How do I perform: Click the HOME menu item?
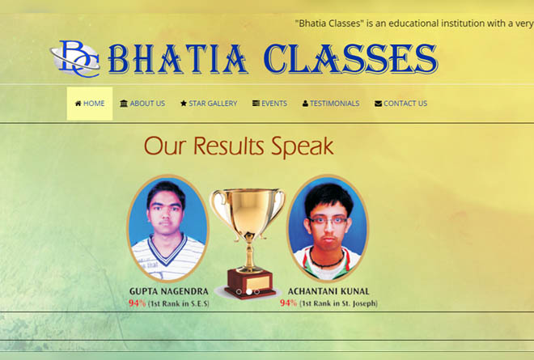pos(90,104)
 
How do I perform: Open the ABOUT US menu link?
pos(142,104)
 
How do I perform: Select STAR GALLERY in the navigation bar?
pos(209,104)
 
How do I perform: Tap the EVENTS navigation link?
pos(269,104)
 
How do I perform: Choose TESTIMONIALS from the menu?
pos(331,104)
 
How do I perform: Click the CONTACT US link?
pos(400,104)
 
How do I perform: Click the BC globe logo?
pos(75,59)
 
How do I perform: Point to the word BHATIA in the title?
pos(178,59)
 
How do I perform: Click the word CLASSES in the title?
pos(350,59)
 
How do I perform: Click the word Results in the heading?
pos(228,146)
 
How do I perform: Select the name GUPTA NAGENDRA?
pos(169,291)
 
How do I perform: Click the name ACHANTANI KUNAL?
pos(328,291)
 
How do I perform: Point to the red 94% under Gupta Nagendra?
pos(137,303)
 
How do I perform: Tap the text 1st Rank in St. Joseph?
pos(338,303)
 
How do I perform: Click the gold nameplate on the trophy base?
pos(258,282)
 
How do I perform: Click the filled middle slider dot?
pos(249,292)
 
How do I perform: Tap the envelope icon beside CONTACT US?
pos(378,104)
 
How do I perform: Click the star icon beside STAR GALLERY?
pos(184,104)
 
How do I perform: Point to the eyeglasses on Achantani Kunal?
pos(328,221)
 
